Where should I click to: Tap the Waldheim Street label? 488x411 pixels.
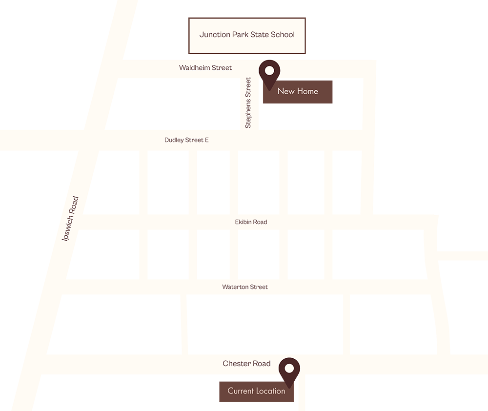[205, 68]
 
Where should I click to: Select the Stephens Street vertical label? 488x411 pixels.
[248, 103]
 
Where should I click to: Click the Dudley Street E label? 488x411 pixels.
[186, 140]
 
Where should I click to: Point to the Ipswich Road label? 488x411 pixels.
[70, 219]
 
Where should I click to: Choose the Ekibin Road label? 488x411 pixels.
[251, 222]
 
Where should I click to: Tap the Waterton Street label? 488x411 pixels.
[245, 287]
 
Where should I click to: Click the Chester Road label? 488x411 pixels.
[246, 364]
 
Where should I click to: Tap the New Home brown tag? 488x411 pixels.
[305, 98]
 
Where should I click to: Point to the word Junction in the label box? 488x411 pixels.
[214, 35]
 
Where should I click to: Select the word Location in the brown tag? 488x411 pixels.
[270, 391]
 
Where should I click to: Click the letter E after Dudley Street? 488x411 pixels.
[206, 140]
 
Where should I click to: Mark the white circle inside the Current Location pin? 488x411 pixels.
[289, 368]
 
